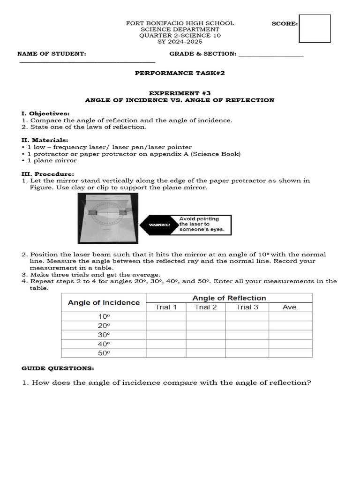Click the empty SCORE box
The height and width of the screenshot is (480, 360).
[x=315, y=28]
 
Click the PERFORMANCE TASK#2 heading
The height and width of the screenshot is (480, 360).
[x=177, y=73]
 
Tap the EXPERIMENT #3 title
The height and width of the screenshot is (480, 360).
[x=180, y=93]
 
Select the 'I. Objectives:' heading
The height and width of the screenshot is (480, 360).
[x=45, y=113]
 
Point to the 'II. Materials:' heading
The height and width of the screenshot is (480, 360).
[x=45, y=140]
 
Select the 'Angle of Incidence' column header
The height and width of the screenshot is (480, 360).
[x=104, y=303]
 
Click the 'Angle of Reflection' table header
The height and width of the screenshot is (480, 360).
[x=229, y=298]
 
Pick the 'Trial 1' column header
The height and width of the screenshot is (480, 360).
[x=166, y=307]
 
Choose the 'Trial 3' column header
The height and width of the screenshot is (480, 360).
[x=247, y=307]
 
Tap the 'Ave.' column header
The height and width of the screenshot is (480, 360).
[x=290, y=307]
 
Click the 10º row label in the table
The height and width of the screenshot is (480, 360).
[x=104, y=316]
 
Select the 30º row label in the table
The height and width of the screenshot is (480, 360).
[x=104, y=335]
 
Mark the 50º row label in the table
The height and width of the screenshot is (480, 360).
[x=104, y=353]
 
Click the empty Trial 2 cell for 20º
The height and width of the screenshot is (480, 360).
[x=206, y=325]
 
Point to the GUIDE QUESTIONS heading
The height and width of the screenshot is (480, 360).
[x=58, y=368]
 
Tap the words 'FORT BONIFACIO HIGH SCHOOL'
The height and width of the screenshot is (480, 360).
[x=180, y=23]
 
